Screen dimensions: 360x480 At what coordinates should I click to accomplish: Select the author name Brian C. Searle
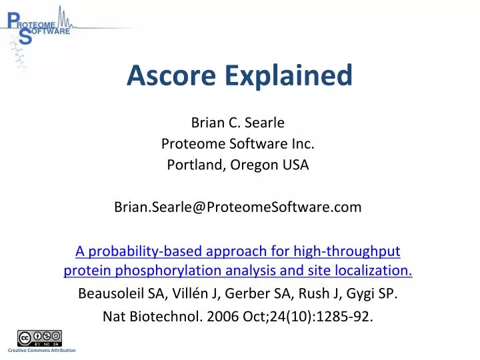click(x=238, y=123)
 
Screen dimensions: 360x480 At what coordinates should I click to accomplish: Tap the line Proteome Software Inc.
click(x=238, y=143)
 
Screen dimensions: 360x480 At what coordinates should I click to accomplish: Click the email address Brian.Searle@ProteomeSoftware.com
click(x=238, y=207)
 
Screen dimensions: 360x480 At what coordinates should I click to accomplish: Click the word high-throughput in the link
click(x=347, y=251)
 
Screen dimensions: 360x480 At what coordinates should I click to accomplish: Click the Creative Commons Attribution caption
click(x=41, y=351)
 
